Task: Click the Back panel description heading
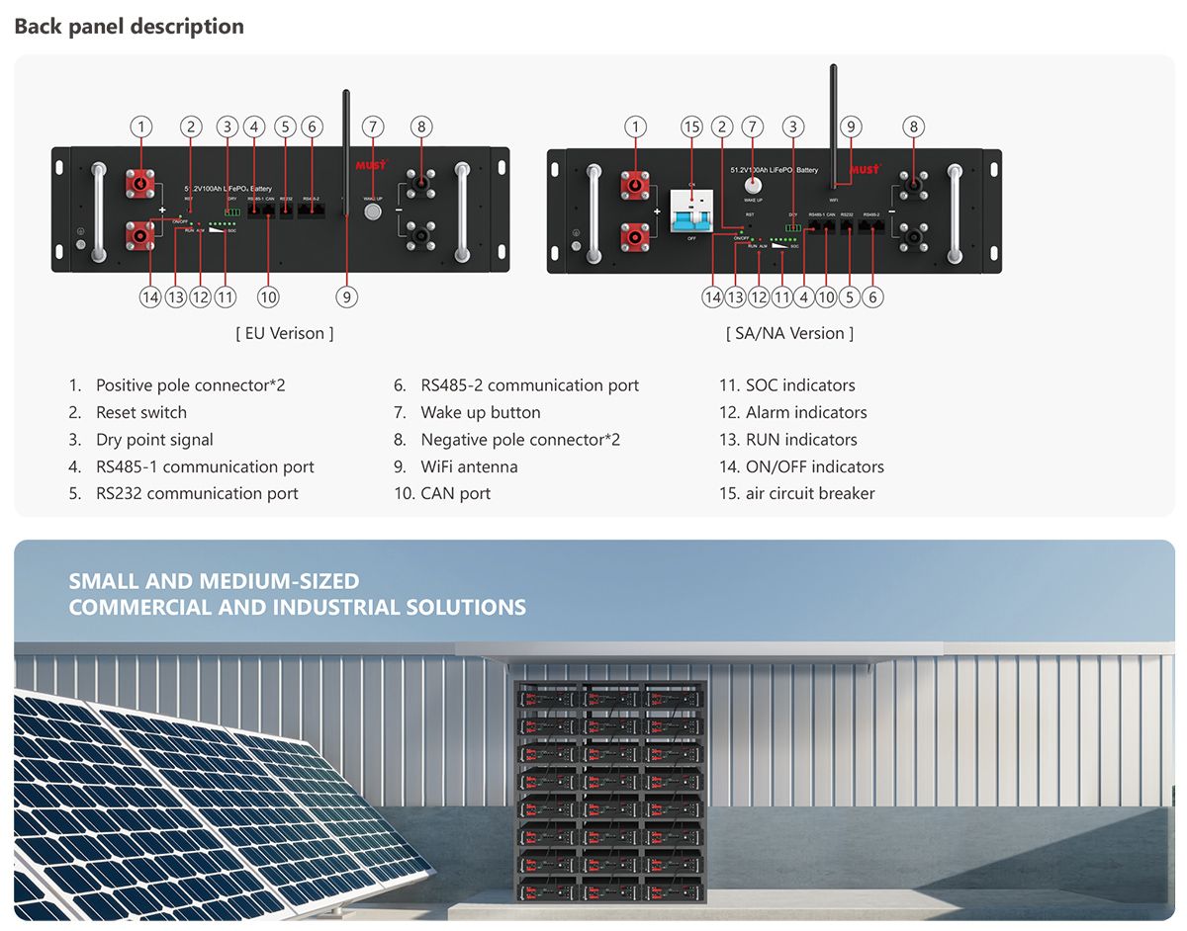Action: click(x=129, y=27)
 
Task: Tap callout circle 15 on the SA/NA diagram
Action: click(x=691, y=127)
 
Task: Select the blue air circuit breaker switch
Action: click(x=691, y=211)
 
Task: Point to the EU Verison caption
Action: click(x=285, y=333)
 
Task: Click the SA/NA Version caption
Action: click(x=789, y=333)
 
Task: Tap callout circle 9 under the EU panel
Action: click(x=345, y=296)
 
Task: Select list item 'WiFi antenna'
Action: click(x=469, y=466)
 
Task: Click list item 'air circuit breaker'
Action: click(x=810, y=493)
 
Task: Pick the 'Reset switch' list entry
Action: click(x=140, y=412)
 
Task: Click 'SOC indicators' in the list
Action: click(x=800, y=385)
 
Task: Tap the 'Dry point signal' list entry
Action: click(x=154, y=440)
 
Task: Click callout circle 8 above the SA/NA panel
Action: click(x=914, y=127)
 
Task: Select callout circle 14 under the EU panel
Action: click(x=150, y=296)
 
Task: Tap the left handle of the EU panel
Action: click(x=98, y=212)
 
